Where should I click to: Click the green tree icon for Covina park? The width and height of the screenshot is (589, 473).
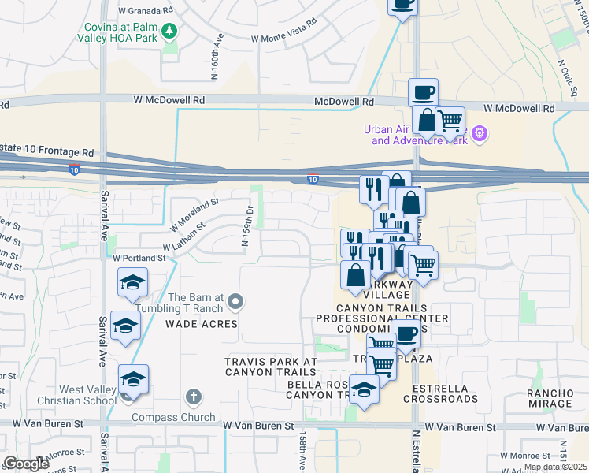click(x=169, y=32)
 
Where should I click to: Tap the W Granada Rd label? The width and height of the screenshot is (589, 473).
click(x=145, y=12)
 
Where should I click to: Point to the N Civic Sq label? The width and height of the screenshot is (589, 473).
click(x=564, y=76)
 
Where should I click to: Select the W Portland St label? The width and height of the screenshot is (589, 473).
click(x=140, y=258)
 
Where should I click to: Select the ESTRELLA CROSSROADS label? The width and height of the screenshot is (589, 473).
click(x=440, y=393)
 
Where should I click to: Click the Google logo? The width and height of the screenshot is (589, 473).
click(x=27, y=464)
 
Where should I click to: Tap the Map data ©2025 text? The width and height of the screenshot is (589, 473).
click(x=554, y=467)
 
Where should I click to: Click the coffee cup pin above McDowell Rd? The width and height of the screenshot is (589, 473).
click(x=423, y=94)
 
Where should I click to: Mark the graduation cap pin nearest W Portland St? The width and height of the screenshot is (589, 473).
click(x=132, y=282)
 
